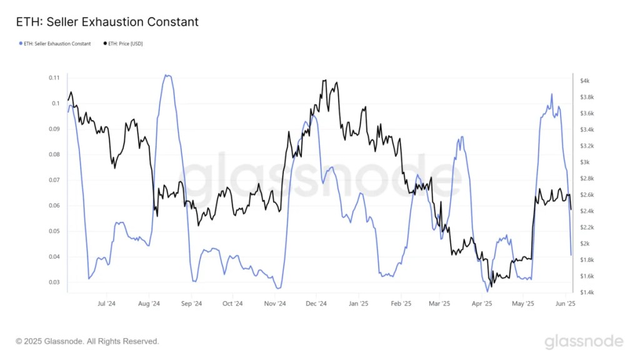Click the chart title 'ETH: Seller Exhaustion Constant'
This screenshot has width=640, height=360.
pos(107,22)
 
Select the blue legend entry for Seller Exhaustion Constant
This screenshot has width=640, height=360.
pos(56,44)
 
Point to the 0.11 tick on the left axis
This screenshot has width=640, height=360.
pos(54,77)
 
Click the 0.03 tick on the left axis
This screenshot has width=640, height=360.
pos(54,282)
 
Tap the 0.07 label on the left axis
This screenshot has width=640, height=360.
pos(54,180)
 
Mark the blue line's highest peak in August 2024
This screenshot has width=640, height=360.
pos(167,75)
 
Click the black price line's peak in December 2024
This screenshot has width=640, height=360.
pos(324,81)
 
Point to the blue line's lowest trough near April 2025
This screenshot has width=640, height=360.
pos(487,291)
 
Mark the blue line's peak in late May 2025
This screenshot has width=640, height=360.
pos(552,94)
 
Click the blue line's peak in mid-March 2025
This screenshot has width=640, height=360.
pos(461,137)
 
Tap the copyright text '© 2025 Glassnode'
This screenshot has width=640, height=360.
pos(87,341)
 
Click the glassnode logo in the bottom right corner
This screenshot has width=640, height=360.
pos(583,341)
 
